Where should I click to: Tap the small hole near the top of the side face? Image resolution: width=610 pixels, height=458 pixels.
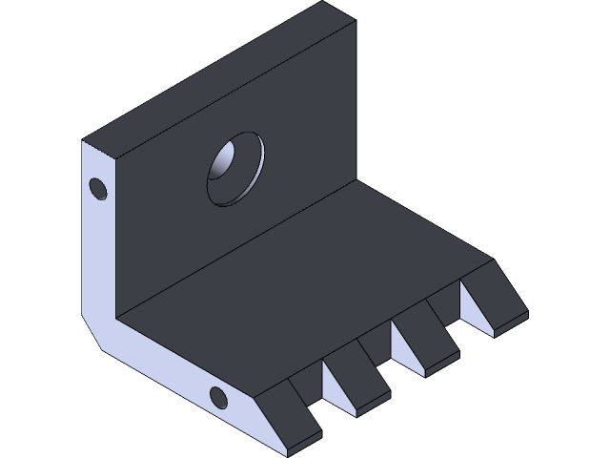[x=96, y=188]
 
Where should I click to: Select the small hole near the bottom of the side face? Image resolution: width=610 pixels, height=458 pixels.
[x=218, y=397]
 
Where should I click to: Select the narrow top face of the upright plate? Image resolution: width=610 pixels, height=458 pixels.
[x=219, y=76]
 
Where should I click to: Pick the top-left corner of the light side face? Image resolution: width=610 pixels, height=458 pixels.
[x=82, y=141]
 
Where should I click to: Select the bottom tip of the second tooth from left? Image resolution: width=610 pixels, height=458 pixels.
[x=356, y=413]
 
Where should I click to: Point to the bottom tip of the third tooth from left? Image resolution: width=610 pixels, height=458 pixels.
[x=425, y=374]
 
